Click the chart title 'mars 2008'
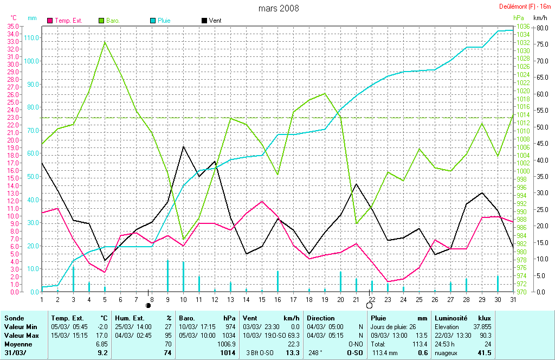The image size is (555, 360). tap(278, 8)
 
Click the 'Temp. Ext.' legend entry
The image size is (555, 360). tap(65, 21)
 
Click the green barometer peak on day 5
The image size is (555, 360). tap(105, 42)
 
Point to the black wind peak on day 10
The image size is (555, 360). tap(183, 146)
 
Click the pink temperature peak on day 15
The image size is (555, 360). tap(262, 201)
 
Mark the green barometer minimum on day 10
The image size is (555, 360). tap(183, 239)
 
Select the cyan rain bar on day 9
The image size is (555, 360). tap(167, 275)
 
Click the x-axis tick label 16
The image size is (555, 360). tap(278, 299)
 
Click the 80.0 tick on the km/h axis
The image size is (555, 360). tap(540, 28)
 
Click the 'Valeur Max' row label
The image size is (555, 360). tap(21, 336)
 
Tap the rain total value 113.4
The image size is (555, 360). tap(419, 344)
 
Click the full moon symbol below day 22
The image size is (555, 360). tap(370, 306)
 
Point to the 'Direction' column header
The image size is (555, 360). tap(321, 318)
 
